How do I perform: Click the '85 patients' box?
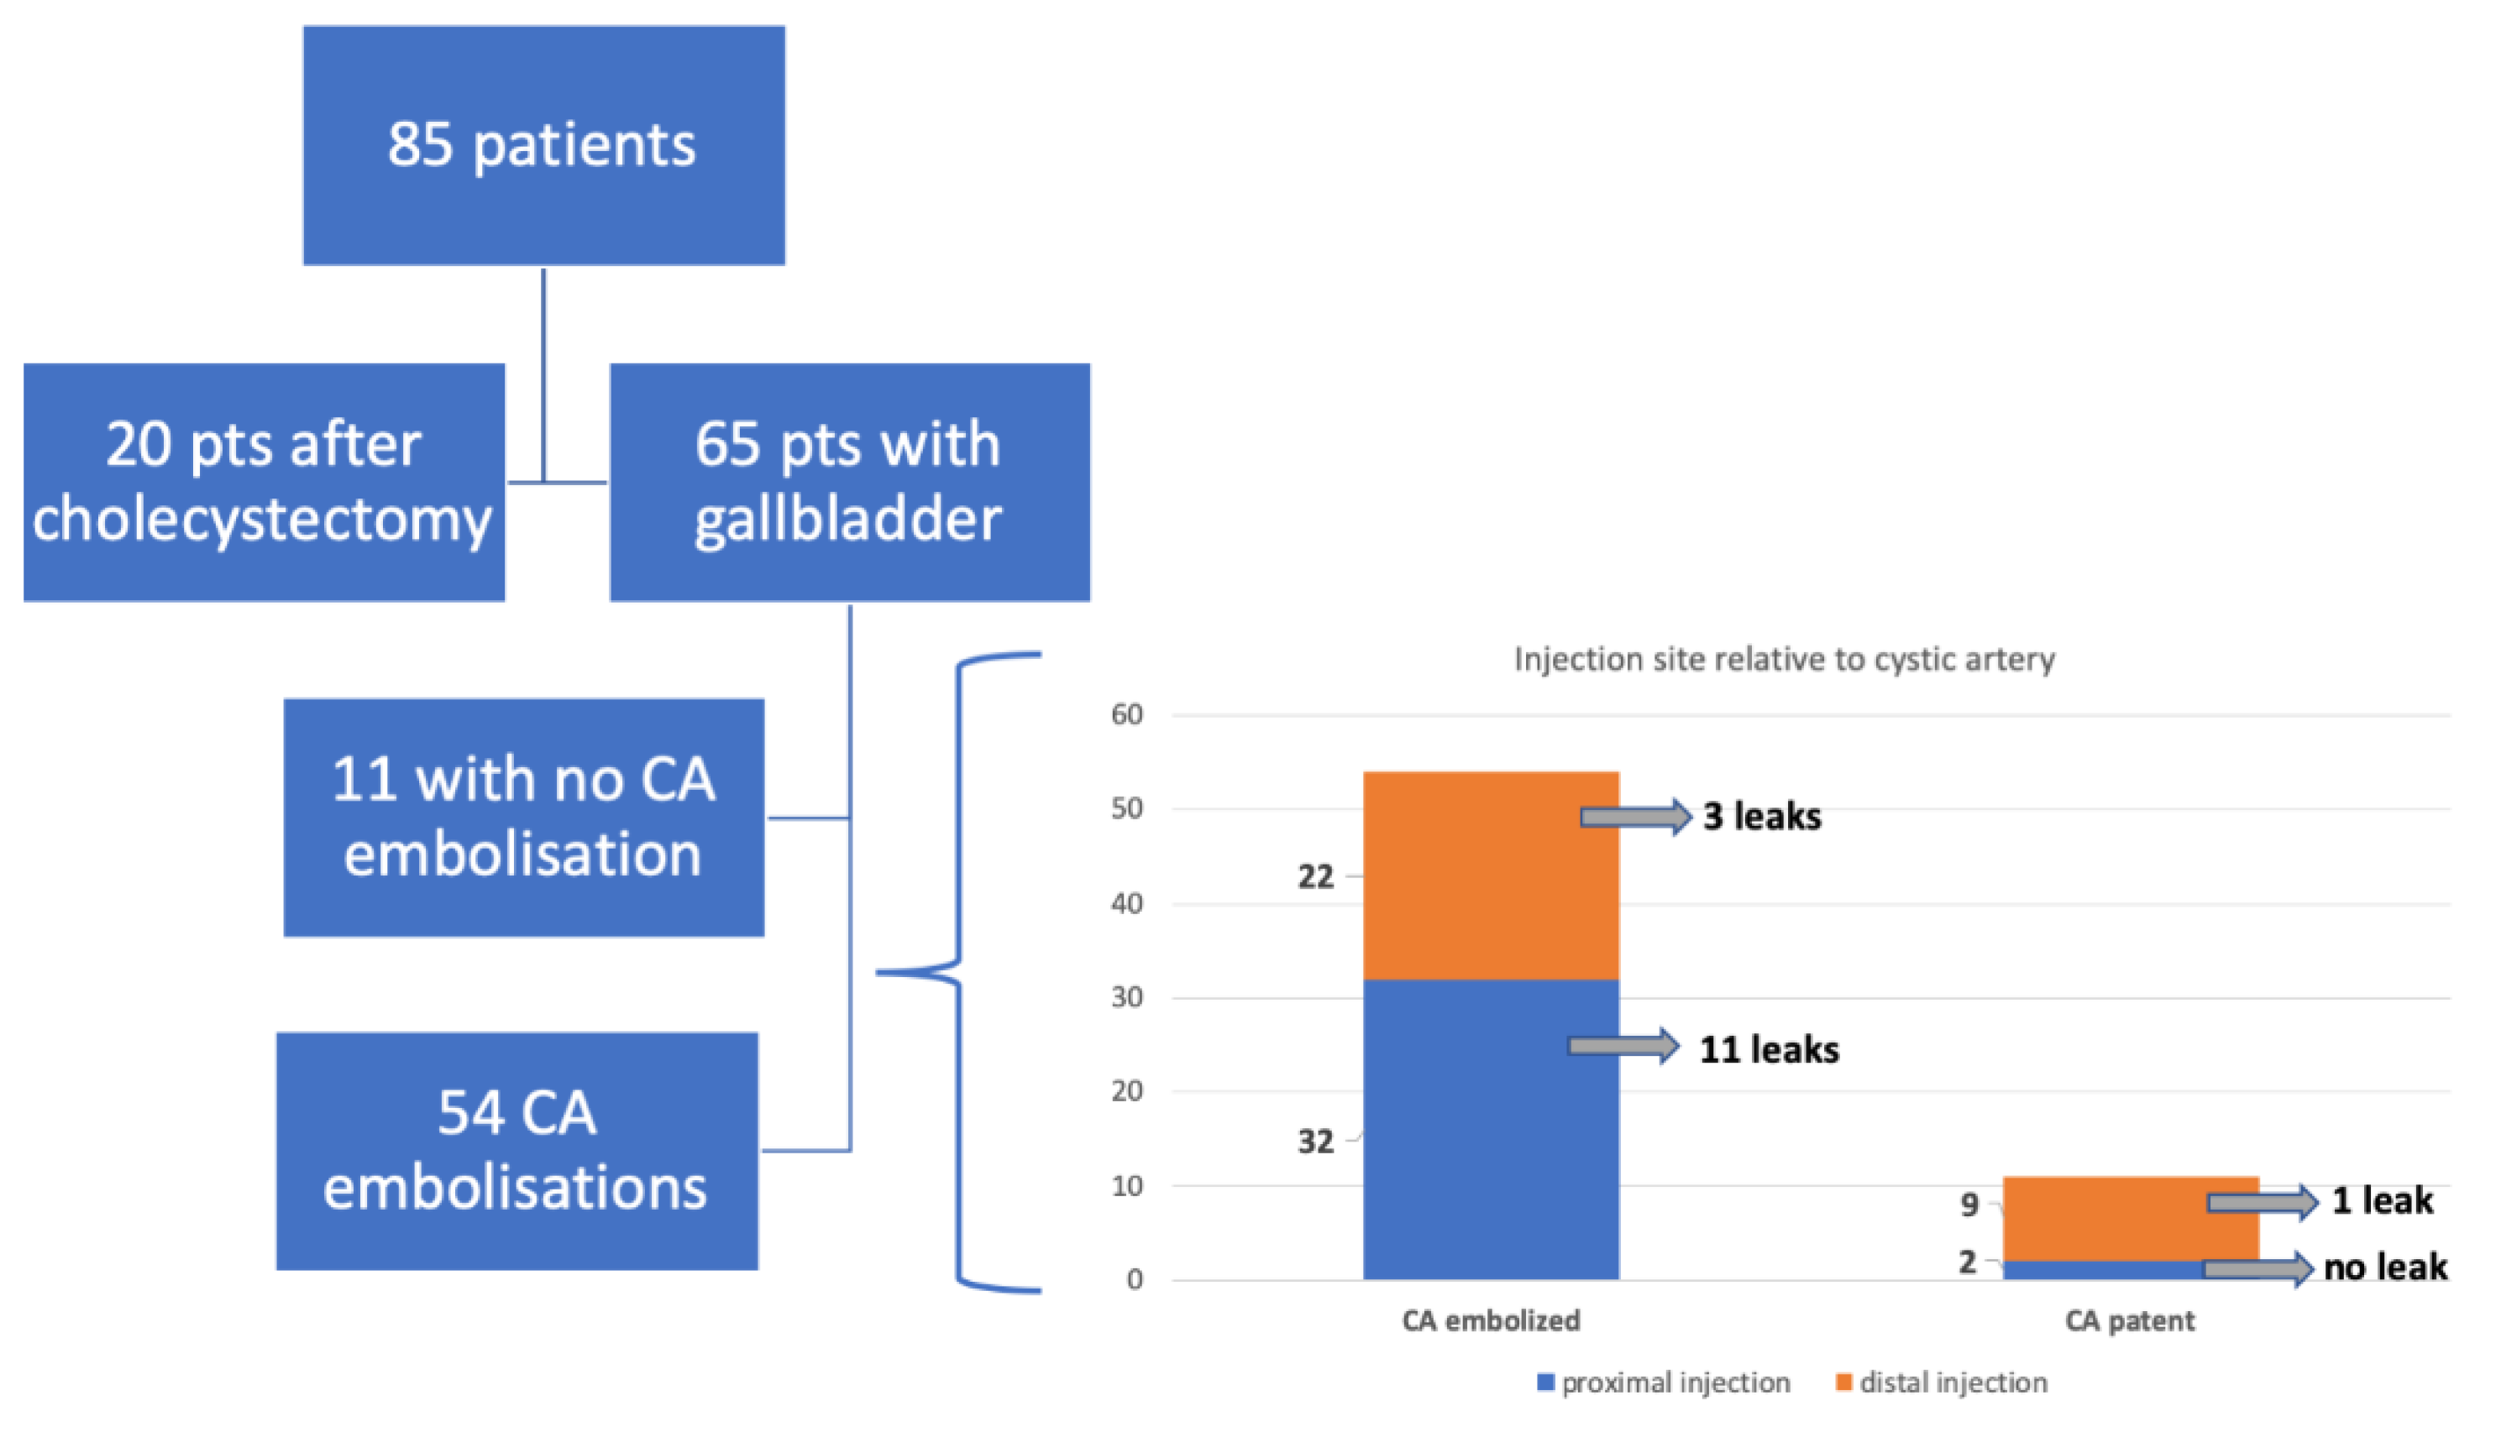pyautogui.click(x=543, y=145)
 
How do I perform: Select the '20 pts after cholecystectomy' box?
pyautogui.click(x=264, y=482)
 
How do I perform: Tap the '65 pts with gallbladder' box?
pyautogui.click(x=849, y=482)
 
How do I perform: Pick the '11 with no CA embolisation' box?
pyautogui.click(x=523, y=818)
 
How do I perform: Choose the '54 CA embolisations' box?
pyautogui.click(x=517, y=1151)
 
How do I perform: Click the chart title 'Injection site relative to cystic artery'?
pyautogui.click(x=1783, y=659)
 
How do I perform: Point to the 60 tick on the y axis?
pyautogui.click(x=1126, y=715)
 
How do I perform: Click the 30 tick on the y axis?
pyautogui.click(x=1126, y=997)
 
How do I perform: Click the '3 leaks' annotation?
pyautogui.click(x=1761, y=818)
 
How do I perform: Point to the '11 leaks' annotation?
pyautogui.click(x=1768, y=1050)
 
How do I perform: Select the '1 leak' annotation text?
pyautogui.click(x=2382, y=1201)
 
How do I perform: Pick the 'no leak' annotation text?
pyautogui.click(x=2385, y=1267)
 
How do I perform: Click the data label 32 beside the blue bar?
pyautogui.click(x=1315, y=1142)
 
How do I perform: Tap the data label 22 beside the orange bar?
pyautogui.click(x=1315, y=876)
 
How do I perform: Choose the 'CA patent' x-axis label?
pyautogui.click(x=2129, y=1321)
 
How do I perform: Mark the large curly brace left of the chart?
pyautogui.click(x=959, y=972)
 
